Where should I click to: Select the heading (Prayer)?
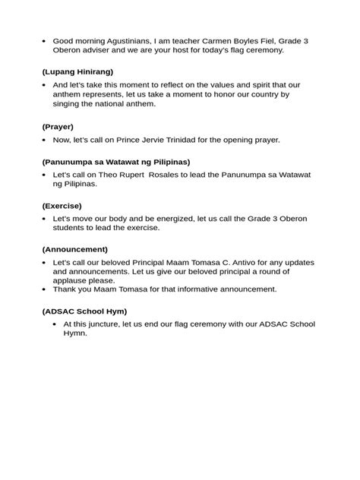(58, 127)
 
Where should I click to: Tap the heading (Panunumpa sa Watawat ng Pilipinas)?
(115, 162)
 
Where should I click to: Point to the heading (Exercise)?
(62, 205)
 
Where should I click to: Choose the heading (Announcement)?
(74, 249)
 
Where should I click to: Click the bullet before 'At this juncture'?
(55, 324)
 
